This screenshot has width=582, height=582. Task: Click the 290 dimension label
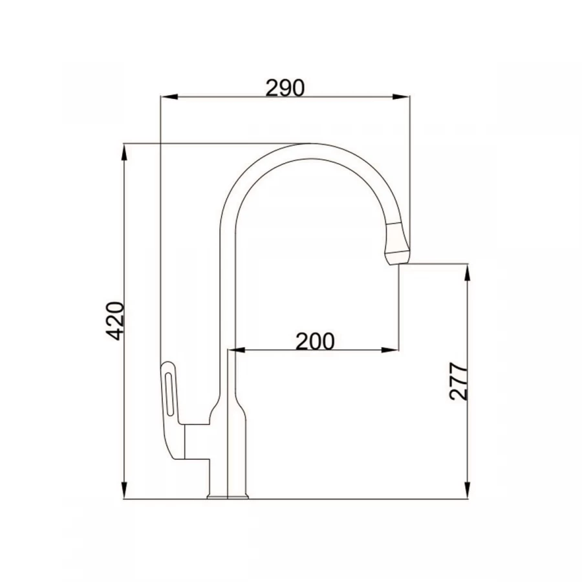pyautogui.click(x=285, y=86)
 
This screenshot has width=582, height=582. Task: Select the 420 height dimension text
pyautogui.click(x=115, y=320)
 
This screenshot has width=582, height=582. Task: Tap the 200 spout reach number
pyautogui.click(x=315, y=340)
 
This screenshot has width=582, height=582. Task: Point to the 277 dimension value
pyautogui.click(x=458, y=382)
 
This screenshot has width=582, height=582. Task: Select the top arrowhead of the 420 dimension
pyautogui.click(x=124, y=151)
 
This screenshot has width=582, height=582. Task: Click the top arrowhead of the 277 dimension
pyautogui.click(x=467, y=271)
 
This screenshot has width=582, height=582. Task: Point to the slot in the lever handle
pyautogui.click(x=170, y=392)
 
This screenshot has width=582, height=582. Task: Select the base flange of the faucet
pyautogui.click(x=228, y=497)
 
